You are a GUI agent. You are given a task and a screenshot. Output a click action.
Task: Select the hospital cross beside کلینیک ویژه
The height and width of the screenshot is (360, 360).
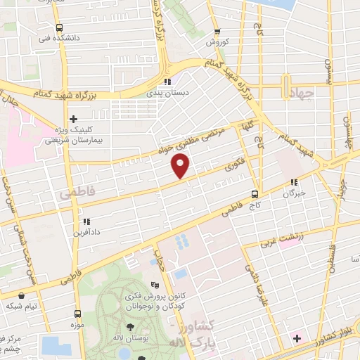tap(73, 119)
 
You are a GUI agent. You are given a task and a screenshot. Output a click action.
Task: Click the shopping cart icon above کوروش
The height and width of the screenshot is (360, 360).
tap(217, 32)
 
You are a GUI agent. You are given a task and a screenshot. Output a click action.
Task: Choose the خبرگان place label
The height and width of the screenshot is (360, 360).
tap(294, 193)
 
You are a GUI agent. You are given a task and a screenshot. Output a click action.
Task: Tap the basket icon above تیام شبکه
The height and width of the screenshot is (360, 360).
tap(23, 295)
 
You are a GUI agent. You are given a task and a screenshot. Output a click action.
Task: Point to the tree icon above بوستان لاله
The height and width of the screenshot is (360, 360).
tap(130, 326)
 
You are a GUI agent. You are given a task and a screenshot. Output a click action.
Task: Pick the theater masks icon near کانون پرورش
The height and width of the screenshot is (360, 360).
tap(155, 285)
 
